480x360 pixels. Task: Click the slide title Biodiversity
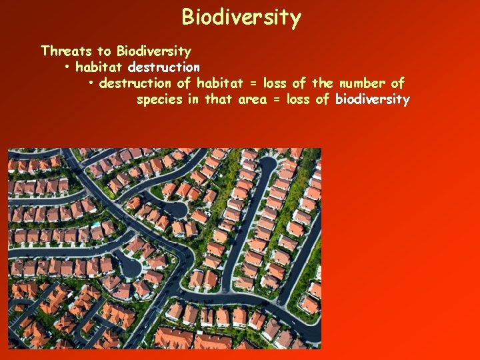coord(241,17)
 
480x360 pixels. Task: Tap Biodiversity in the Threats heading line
coord(153,51)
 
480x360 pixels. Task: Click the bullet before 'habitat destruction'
coord(68,67)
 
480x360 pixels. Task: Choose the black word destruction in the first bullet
coord(164,67)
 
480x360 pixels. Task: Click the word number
coord(361,83)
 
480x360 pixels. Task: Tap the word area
coord(254,100)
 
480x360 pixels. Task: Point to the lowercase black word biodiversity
coord(372,100)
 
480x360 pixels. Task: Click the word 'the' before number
coord(322,83)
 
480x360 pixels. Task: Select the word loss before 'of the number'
coord(275,83)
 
